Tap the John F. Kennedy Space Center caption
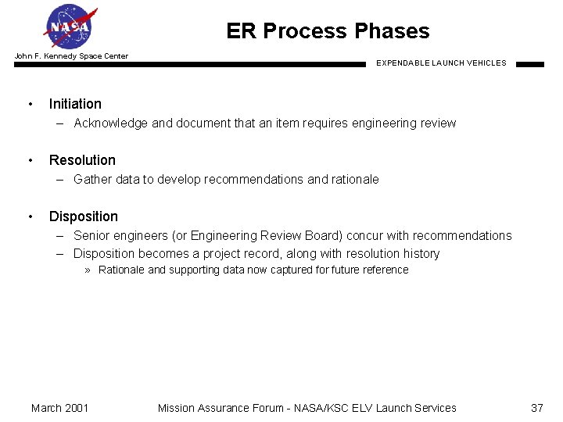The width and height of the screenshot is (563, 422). point(71,56)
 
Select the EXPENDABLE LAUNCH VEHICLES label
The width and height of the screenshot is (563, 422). point(441,63)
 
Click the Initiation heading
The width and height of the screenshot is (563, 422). point(75,104)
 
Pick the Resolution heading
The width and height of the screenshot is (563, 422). point(82,160)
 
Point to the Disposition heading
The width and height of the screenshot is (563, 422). point(84,216)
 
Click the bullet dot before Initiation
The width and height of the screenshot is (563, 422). point(30,104)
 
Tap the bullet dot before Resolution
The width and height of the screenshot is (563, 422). point(30,160)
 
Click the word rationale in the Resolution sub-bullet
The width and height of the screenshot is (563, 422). point(355,179)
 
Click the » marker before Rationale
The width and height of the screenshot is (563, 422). point(89,270)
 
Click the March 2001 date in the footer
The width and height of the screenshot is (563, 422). point(59,408)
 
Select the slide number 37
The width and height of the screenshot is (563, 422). point(536,408)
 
